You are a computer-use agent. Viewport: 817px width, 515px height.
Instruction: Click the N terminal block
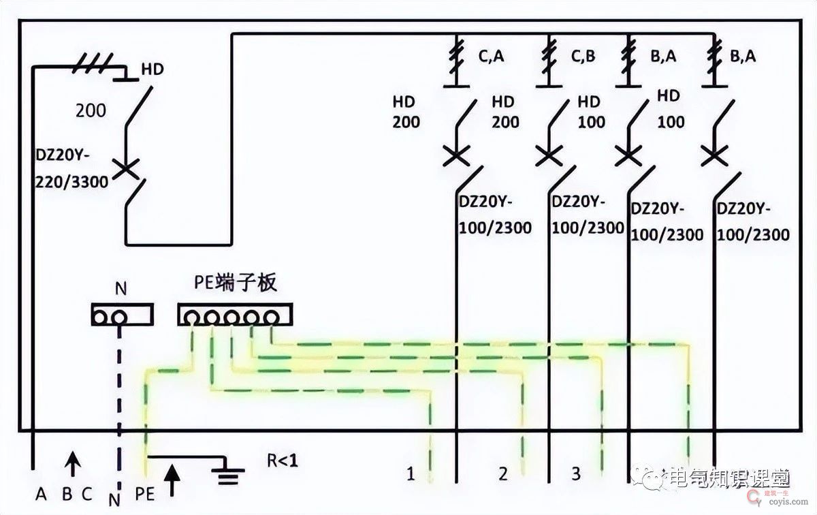pyautogui.click(x=121, y=315)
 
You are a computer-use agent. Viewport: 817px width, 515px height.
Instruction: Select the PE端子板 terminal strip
pyautogui.click(x=235, y=315)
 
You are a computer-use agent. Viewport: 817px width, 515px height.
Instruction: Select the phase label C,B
pyautogui.click(x=583, y=57)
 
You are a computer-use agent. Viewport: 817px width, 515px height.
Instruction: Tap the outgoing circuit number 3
pyautogui.click(x=576, y=473)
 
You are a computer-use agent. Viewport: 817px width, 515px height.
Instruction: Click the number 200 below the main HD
pyautogui.click(x=91, y=110)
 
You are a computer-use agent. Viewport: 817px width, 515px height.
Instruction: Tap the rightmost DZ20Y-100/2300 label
pyautogui.click(x=753, y=221)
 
